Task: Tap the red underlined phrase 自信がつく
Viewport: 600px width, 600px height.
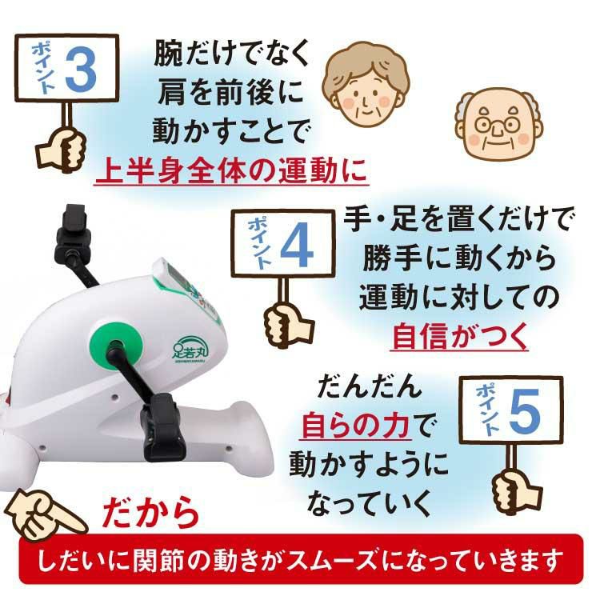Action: [x=459, y=335]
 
